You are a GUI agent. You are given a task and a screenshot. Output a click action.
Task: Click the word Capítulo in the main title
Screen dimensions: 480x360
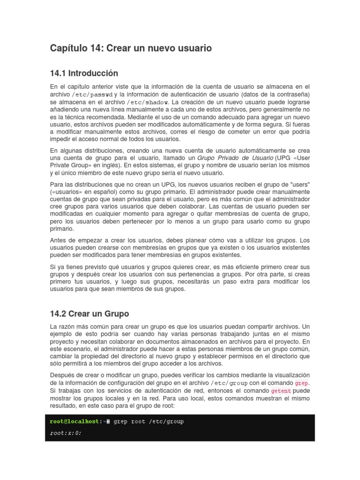[69, 48]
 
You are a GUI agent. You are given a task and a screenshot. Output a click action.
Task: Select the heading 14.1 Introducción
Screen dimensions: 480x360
[84, 74]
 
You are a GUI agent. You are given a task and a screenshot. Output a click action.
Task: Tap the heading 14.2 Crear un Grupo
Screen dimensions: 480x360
[89, 314]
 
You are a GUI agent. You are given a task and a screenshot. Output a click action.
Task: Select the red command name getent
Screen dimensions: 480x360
[281, 390]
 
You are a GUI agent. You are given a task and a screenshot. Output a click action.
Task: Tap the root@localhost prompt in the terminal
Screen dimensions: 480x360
[75, 421]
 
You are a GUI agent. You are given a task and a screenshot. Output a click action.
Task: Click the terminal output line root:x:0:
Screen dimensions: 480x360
[66, 433]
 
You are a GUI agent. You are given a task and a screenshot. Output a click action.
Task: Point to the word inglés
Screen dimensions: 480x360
[115, 166]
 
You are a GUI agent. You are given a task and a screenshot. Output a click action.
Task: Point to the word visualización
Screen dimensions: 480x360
[290, 375]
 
